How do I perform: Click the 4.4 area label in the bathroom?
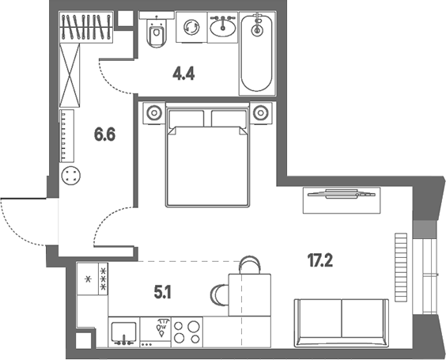pyautogui.click(x=183, y=74)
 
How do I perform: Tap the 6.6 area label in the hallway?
pyautogui.click(x=104, y=135)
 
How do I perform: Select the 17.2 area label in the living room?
pyautogui.click(x=320, y=260)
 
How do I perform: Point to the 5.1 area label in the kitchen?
pyautogui.click(x=163, y=292)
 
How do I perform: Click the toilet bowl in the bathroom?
pyautogui.click(x=156, y=33)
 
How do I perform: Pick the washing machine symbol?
pyautogui.click(x=191, y=28)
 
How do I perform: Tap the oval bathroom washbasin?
pyautogui.click(x=223, y=28)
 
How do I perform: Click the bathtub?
pyautogui.click(x=257, y=53)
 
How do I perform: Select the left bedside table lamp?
pyautogui.click(x=154, y=112)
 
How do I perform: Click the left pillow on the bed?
pyautogui.click(x=187, y=119)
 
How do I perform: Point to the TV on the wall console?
pyautogui.click(x=342, y=194)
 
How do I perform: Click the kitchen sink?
pyautogui.click(x=124, y=332)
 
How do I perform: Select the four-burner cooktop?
pyautogui.click(x=187, y=332)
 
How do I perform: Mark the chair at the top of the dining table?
pyautogui.click(x=249, y=265)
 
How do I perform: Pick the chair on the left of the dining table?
pyautogui.click(x=220, y=294)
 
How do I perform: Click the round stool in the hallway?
pyautogui.click(x=71, y=176)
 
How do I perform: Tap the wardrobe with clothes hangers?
pyautogui.click(x=86, y=28)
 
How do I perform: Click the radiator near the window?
pyautogui.click(x=401, y=267)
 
